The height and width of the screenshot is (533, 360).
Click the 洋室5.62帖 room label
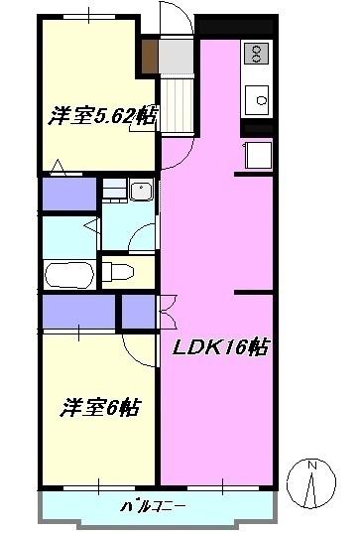point(102,116)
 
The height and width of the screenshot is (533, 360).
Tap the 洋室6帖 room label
point(101,407)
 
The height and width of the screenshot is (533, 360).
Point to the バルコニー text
point(153,506)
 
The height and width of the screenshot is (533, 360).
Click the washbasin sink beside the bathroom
point(138,192)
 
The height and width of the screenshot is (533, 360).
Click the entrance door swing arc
point(173,20)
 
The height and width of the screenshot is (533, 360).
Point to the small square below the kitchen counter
point(259,156)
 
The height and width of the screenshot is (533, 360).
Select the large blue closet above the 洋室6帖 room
point(78,313)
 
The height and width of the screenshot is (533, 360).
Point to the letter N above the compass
point(311,466)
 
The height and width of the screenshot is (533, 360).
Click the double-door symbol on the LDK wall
point(166,311)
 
